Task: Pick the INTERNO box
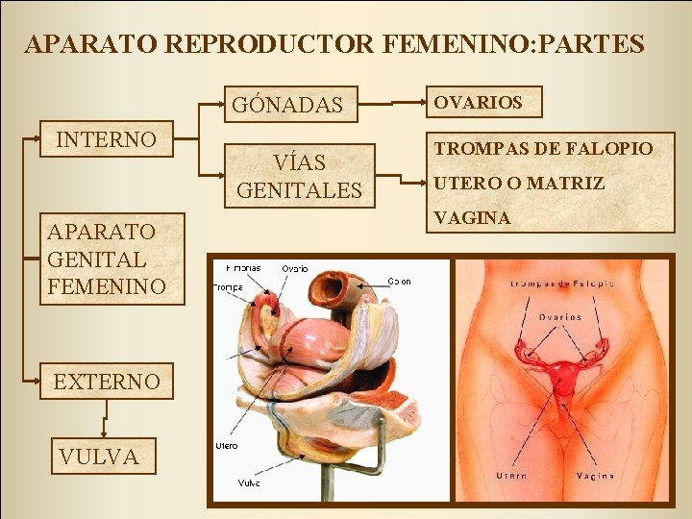[x=107, y=139]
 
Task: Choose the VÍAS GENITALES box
[x=299, y=176]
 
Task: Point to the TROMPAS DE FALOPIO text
[x=543, y=147]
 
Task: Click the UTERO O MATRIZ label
[x=519, y=182]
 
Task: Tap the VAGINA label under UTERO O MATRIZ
[x=472, y=218]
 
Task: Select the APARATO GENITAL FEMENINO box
[x=111, y=259]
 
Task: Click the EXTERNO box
[x=107, y=381]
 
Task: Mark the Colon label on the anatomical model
[x=400, y=282]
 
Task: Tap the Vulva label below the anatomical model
[x=247, y=483]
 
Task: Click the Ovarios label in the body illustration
[x=558, y=316]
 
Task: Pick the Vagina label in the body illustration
[x=595, y=476]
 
